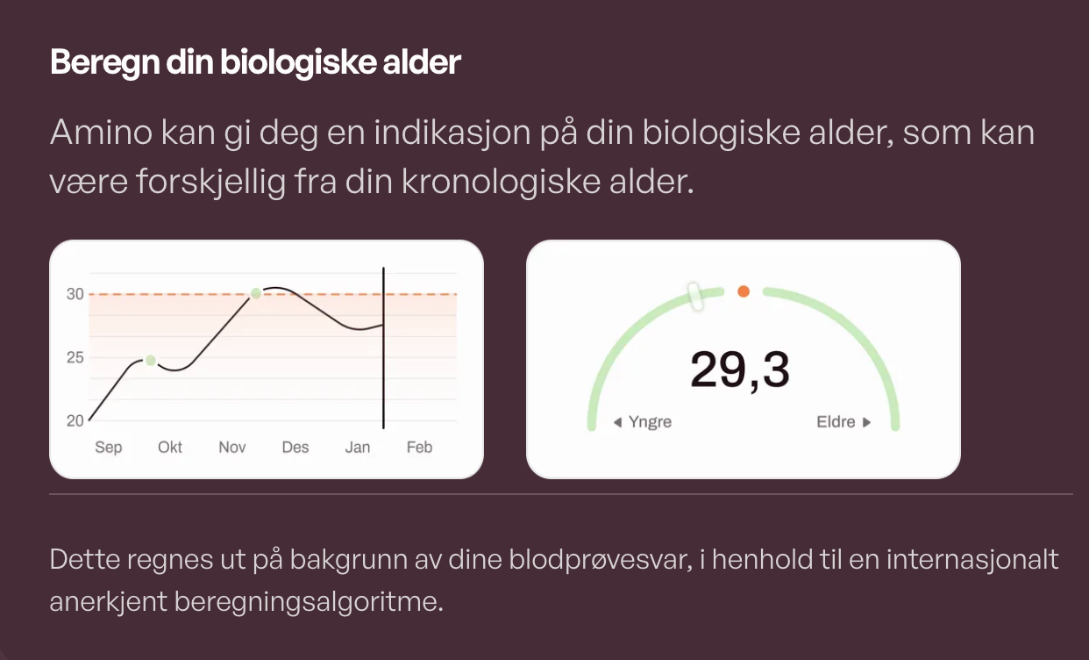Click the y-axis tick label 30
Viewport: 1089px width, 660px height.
pyautogui.click(x=75, y=294)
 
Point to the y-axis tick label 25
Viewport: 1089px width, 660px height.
pyautogui.click(x=75, y=358)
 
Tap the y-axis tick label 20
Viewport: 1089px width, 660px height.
pyautogui.click(x=75, y=420)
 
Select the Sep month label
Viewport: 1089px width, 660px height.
pyautogui.click(x=109, y=448)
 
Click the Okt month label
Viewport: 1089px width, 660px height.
pyautogui.click(x=170, y=447)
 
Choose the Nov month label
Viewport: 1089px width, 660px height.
pyautogui.click(x=231, y=447)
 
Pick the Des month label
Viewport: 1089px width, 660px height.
pyautogui.click(x=295, y=447)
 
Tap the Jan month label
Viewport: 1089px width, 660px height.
pyautogui.click(x=358, y=447)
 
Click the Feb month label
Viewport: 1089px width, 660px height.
pyautogui.click(x=419, y=447)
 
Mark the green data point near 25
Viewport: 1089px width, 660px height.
pyautogui.click(x=151, y=361)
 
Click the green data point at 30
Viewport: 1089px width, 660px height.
pyautogui.click(x=256, y=293)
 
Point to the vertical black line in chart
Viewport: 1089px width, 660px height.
pyautogui.click(x=383, y=348)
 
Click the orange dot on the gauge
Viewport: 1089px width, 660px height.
pyautogui.click(x=744, y=291)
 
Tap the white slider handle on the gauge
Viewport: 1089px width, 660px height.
pyautogui.click(x=694, y=297)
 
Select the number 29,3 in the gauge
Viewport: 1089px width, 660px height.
pyautogui.click(x=739, y=370)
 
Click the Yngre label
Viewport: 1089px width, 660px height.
pyautogui.click(x=650, y=421)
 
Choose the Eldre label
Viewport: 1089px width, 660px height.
pyautogui.click(x=836, y=421)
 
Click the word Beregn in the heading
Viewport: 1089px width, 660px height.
pyautogui.click(x=105, y=63)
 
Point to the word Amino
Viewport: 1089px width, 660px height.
pyautogui.click(x=101, y=132)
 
